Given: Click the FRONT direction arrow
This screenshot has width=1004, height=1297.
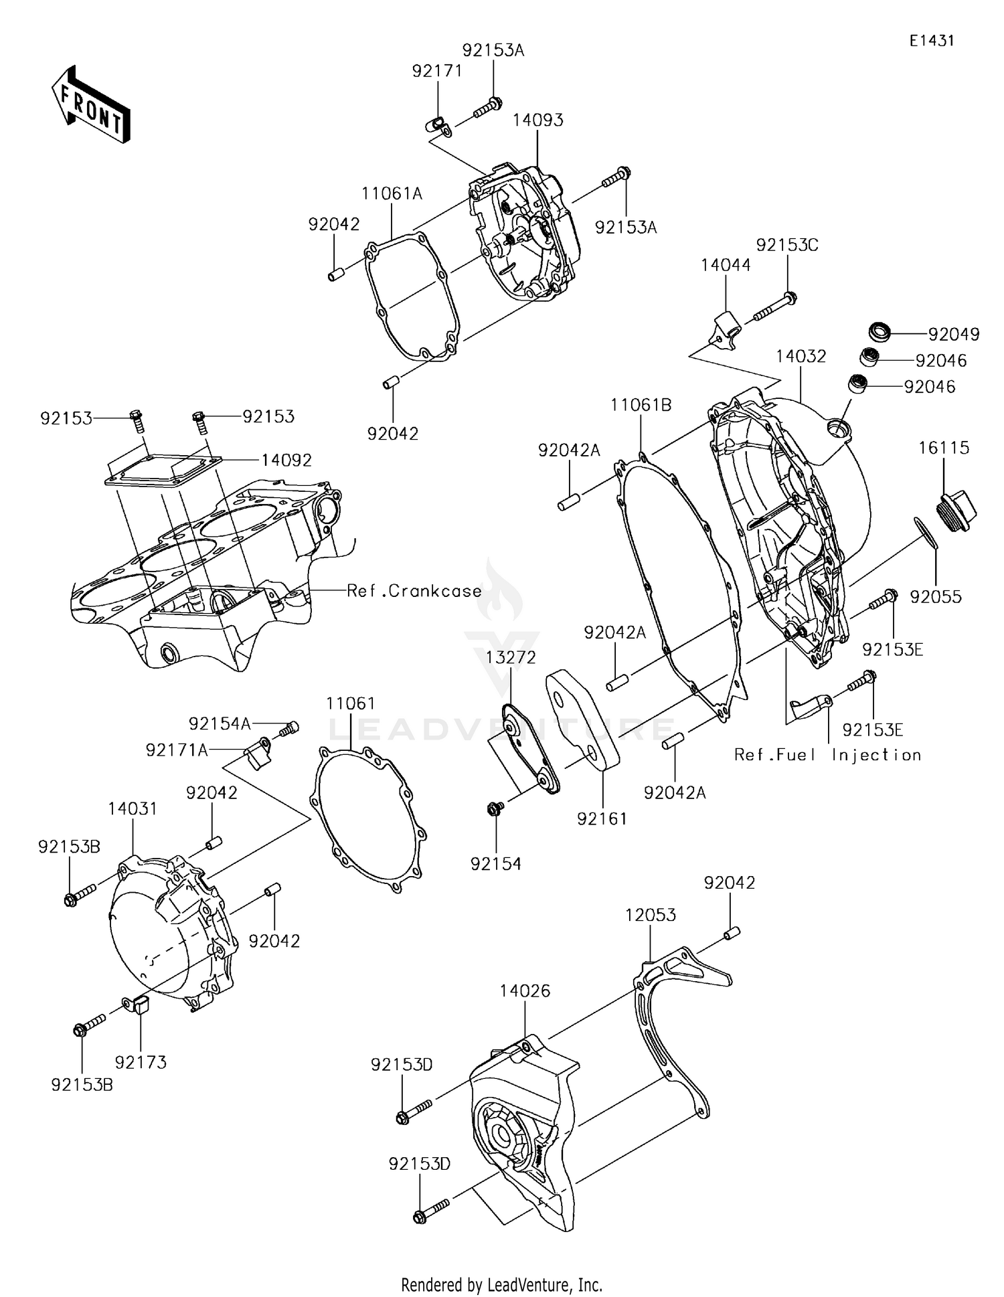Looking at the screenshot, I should point(90,105).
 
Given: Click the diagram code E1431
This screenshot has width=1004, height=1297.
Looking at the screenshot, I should point(931,41).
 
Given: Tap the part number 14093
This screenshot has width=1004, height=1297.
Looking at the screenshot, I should point(537,120).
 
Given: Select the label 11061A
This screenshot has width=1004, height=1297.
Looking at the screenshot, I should point(392,194).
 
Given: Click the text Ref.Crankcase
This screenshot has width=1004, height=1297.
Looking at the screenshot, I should point(414,591).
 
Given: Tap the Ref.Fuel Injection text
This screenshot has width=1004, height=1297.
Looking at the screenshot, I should point(827,755).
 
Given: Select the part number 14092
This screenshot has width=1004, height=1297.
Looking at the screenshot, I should point(286,460).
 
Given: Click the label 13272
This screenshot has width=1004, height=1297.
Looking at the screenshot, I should point(511,658).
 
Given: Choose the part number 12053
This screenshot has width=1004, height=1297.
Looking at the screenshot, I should point(651,915).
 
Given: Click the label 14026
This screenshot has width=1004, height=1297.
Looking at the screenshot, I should point(525,991).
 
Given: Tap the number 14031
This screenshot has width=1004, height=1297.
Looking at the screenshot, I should point(133,809).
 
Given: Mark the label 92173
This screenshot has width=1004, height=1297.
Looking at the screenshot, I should point(141,1062).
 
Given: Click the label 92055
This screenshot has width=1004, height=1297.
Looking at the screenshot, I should point(935,597).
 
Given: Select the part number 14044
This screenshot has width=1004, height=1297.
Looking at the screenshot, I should point(726,265).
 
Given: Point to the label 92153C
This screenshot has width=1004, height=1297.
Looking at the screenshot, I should point(787,245).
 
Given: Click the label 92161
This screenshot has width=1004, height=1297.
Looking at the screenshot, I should point(602,818).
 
